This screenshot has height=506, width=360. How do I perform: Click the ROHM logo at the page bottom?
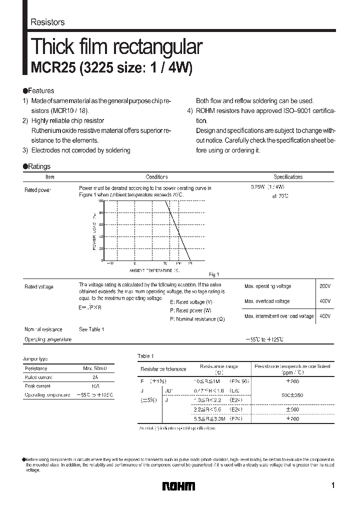pos(179,486)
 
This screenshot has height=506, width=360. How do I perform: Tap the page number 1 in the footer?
pos(332,485)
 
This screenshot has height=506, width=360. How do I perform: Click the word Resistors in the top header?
pos(47,22)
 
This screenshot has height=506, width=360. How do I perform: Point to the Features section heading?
pos(38,91)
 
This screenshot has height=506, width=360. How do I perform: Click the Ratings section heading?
pos(36,166)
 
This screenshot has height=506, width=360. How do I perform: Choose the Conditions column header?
pos(156,177)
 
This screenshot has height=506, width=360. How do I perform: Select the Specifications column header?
pos(288,177)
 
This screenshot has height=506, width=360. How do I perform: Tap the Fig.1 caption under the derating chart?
pos(214,274)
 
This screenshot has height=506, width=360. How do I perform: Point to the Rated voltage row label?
pos(39,287)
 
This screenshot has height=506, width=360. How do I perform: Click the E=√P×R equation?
pos(90,308)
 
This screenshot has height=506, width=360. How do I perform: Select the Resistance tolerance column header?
pos(163,369)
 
